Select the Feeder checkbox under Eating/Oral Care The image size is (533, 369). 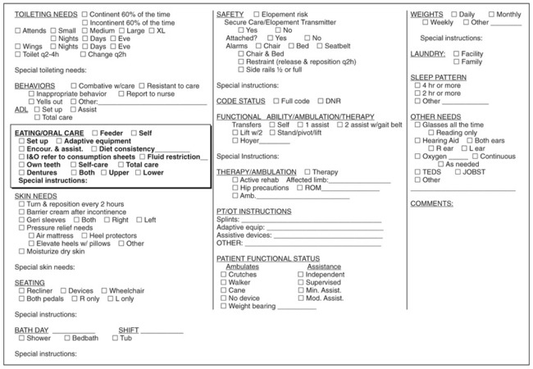[97, 132]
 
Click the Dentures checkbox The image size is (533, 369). [21, 172]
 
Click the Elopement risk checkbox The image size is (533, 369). [257, 14]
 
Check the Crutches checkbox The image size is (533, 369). [223, 274]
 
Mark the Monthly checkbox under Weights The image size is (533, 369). [491, 14]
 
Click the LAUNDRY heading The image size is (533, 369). [427, 53]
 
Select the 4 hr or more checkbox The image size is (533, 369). [418, 84]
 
